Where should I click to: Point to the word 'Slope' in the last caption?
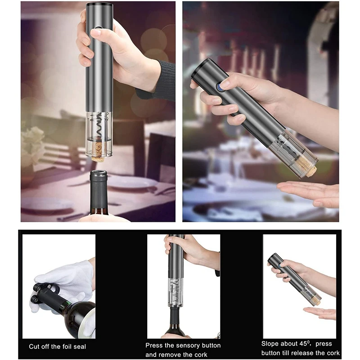270,343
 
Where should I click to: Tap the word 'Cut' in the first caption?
34,346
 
